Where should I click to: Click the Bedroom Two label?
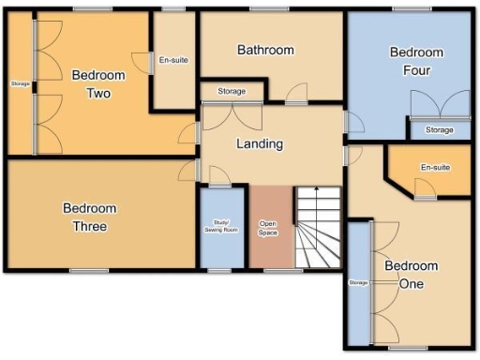(98, 83)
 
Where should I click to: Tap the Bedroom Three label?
(91, 217)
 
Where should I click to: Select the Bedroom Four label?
(416, 61)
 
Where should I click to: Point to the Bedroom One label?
(411, 274)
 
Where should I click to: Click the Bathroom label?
(265, 50)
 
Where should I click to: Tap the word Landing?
(260, 144)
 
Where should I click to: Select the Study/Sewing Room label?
(221, 226)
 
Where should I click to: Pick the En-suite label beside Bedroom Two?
(173, 60)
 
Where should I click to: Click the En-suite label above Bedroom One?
(436, 168)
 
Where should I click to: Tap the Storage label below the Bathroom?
(232, 91)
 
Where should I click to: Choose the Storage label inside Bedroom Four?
(439, 129)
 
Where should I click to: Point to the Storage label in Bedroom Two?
(20, 85)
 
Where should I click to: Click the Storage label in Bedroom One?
(357, 282)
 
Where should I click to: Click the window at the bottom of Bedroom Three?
(90, 271)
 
